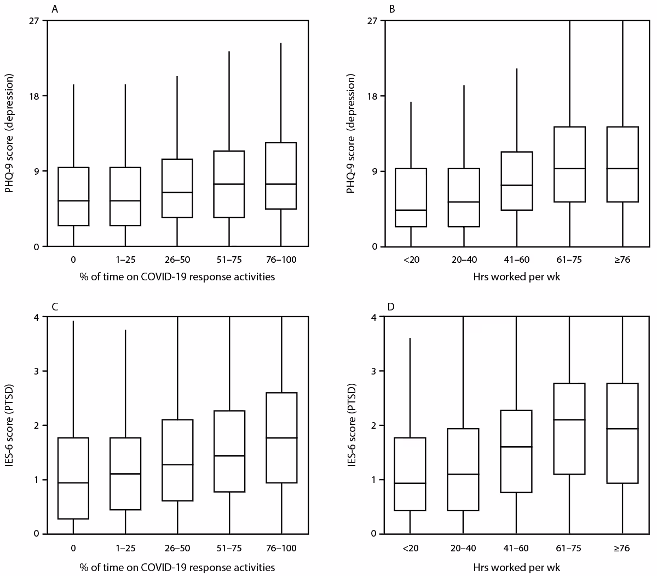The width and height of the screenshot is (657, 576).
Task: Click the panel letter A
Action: coord(54,9)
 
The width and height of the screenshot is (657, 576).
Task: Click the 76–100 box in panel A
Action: coord(281,176)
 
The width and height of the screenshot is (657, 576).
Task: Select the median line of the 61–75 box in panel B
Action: coord(570,169)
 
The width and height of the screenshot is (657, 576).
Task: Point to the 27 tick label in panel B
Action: coord(373,21)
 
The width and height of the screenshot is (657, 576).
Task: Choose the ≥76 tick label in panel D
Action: coord(623,548)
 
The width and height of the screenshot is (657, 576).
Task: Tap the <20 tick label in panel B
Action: coord(411,260)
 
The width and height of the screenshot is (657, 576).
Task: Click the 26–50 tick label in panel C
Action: coord(177,548)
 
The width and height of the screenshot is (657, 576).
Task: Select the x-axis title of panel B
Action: coord(516,277)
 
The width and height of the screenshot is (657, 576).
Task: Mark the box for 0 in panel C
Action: coord(73,478)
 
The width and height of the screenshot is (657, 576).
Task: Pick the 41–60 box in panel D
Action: coord(516,451)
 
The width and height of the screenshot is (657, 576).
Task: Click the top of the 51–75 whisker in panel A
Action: coord(229,51)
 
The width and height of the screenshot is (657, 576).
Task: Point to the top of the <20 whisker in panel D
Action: coord(410,338)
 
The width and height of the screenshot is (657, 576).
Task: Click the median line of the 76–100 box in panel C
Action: coord(281,438)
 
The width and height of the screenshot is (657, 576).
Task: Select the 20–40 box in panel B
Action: coord(464,198)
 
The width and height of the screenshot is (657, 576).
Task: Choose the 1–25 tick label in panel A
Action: coord(125,260)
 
